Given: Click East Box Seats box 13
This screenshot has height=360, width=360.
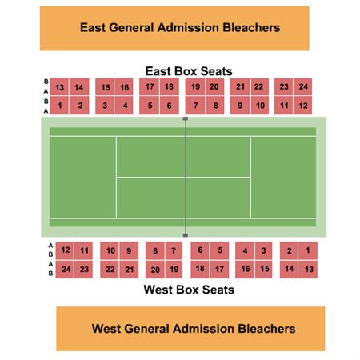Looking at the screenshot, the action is tap(59, 87).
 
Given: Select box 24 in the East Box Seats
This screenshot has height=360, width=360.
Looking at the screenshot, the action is tap(303, 87).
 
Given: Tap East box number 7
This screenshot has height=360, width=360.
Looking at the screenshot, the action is tap(195, 106).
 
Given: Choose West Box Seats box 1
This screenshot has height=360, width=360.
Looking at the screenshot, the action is tap(308, 250).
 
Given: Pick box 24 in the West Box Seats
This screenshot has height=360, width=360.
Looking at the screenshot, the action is tap(65, 270).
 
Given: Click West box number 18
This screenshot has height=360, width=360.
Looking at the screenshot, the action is tap(200, 270).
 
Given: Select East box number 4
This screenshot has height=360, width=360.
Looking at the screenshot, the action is tap(124, 106).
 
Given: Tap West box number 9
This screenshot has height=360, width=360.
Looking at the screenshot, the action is tap(129, 250).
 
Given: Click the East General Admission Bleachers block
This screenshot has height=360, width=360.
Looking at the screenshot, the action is tap(174, 29).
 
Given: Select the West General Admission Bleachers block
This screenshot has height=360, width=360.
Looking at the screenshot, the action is tap(190, 329).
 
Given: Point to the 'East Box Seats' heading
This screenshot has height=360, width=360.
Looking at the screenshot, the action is tap(189, 71).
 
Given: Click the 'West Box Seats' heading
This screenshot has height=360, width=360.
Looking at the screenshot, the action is tap(189, 290).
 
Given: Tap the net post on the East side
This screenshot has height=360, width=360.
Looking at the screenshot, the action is tap(186, 118).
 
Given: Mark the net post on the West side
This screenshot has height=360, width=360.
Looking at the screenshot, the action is tap(186, 235).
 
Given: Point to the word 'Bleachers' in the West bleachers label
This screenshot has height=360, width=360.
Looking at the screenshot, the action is tap(266, 329).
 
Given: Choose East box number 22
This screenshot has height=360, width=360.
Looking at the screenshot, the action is tap(260, 87).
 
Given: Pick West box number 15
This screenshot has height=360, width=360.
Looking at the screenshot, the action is tap(264, 270).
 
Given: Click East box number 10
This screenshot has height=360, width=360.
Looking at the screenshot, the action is tap(260, 106).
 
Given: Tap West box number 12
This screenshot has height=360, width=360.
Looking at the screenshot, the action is tap(65, 250).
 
